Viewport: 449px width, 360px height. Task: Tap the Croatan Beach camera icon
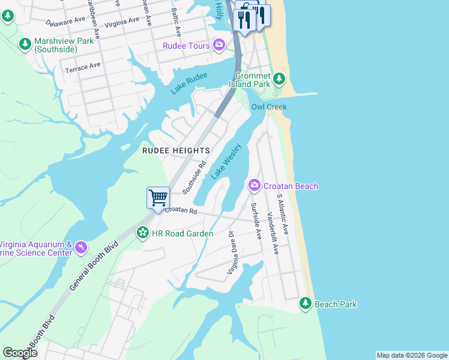[x=254, y=185]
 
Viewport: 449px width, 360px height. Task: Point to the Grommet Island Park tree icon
[x=279, y=79]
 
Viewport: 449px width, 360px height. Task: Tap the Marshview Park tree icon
[x=25, y=43]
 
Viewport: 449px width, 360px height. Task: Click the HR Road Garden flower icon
[x=143, y=232]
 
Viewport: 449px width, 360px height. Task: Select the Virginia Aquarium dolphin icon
[x=80, y=247]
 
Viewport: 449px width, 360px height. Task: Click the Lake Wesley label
[x=226, y=161]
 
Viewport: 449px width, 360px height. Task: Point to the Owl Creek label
[x=269, y=107]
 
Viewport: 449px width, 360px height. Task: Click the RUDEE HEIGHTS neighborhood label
[x=176, y=150]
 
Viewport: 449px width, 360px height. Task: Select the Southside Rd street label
[x=194, y=178]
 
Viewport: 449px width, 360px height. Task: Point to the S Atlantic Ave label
[x=282, y=214]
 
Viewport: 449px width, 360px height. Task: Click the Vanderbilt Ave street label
[x=273, y=233]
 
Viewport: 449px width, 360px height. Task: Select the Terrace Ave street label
[x=83, y=66]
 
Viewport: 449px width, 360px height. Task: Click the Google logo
[x=20, y=353]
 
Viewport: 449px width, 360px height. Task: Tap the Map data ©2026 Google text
[x=412, y=355]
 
